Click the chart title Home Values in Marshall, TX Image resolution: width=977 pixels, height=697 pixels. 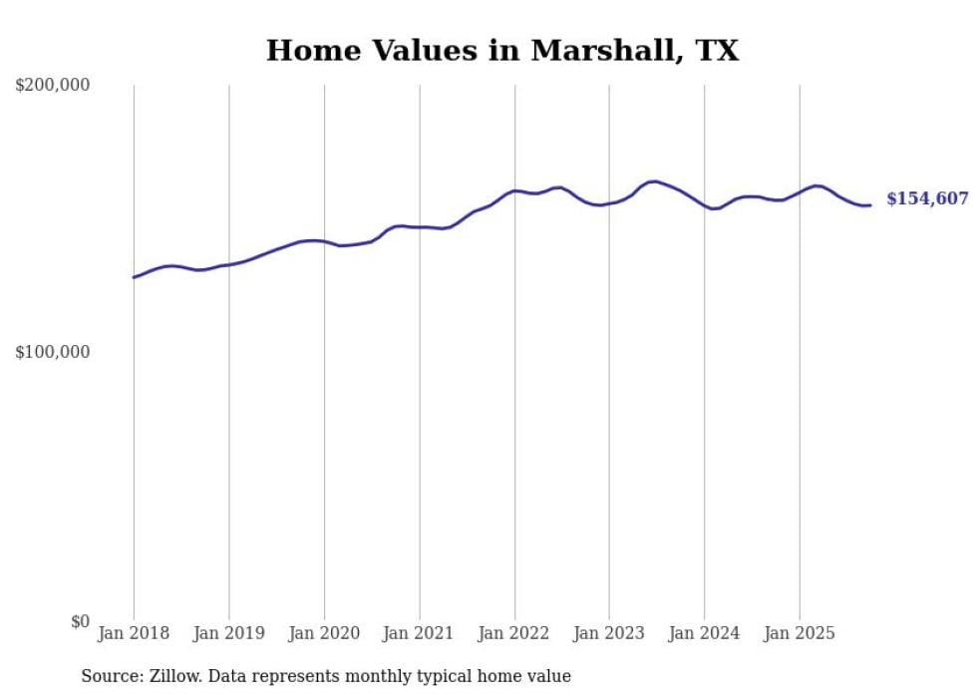click(502, 51)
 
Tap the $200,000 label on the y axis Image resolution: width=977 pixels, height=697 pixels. click(53, 86)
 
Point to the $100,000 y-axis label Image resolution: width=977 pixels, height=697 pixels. click(53, 353)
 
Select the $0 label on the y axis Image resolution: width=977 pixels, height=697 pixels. click(79, 622)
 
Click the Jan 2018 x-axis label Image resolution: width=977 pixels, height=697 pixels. click(134, 633)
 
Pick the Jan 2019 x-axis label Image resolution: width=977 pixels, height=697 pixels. click(228, 633)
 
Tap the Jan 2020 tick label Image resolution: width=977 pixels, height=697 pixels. click(324, 633)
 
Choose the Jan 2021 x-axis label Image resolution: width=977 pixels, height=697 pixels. click(419, 633)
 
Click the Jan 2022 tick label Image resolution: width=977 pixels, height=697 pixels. click(514, 633)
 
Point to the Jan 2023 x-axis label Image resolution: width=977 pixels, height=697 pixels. click(609, 633)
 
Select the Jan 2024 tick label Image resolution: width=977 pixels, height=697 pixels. click(705, 633)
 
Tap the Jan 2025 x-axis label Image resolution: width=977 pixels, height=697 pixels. click(800, 633)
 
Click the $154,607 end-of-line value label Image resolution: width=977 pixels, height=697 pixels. click(927, 199)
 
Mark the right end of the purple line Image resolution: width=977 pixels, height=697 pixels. click(870, 205)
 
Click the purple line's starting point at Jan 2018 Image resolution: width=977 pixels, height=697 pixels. click(134, 277)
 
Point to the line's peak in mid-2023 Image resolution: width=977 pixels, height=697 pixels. click(653, 181)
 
